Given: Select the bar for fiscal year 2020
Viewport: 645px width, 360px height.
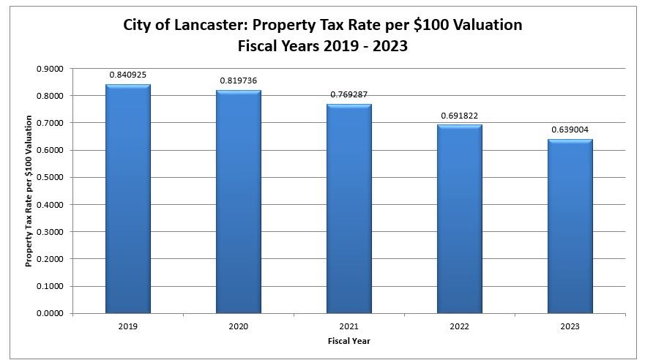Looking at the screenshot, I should point(239,202).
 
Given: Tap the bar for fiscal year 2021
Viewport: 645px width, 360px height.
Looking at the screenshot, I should point(349,209).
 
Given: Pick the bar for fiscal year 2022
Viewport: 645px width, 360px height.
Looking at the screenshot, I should point(460,219).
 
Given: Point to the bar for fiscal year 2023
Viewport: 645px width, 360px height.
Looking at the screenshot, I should point(570,226).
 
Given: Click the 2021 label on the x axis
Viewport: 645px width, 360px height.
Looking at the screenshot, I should point(349,326).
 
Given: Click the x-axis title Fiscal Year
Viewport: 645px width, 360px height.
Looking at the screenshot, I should point(349,340).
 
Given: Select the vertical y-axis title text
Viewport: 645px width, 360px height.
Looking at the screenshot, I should point(29,190).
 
